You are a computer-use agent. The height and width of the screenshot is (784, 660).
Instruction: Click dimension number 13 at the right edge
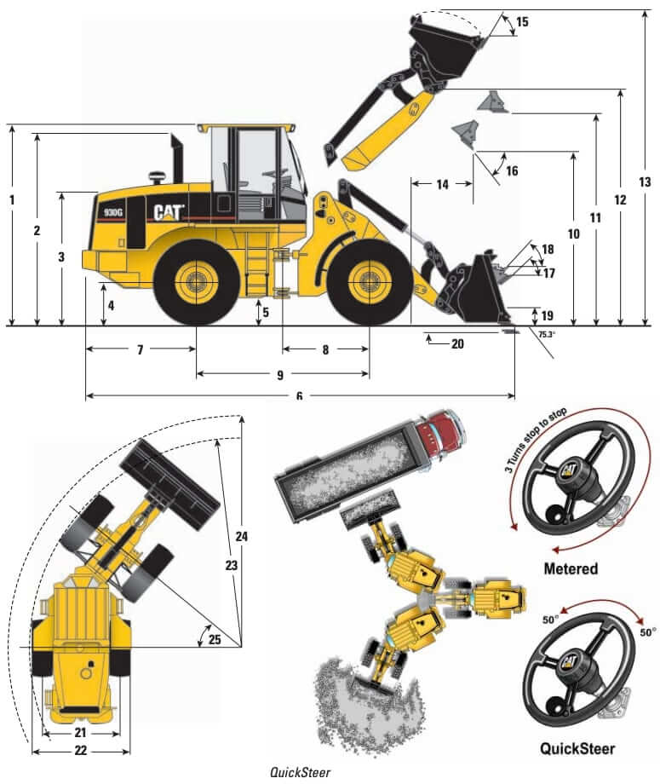pos(644,182)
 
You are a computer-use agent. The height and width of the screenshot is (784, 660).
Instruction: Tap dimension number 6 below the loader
pos(299,396)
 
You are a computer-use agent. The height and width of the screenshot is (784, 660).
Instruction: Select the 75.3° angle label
pos(547,335)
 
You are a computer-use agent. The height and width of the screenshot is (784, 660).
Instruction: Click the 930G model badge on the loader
pos(115,212)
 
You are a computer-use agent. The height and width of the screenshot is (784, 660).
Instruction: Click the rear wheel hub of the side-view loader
pos(197,281)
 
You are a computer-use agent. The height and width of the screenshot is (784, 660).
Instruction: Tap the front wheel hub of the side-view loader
pos(369,281)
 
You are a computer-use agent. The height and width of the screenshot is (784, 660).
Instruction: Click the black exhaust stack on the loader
pos(178,159)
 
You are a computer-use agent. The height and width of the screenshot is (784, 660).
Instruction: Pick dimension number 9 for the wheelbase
pos(280,374)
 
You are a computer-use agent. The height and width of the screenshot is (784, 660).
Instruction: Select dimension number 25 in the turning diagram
pos(215,639)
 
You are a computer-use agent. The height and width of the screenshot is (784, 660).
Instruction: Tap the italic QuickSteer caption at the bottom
pos(299,773)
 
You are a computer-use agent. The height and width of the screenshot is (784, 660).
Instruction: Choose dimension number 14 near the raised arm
pos(442,184)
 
